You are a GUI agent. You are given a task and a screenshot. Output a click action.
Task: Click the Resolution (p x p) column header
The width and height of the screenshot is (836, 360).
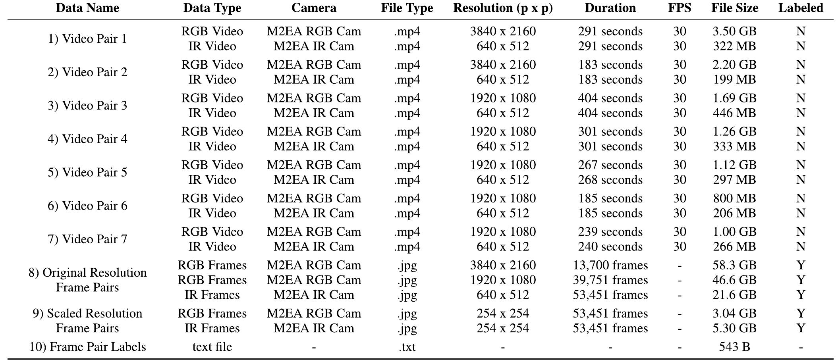[x=503, y=8]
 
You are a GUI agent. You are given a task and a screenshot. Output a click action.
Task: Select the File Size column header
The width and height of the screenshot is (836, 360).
[x=734, y=8]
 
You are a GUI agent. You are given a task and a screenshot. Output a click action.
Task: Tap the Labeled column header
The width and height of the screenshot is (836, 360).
[x=800, y=8]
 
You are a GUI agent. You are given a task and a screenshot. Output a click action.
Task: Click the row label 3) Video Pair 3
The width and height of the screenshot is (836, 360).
[x=87, y=106]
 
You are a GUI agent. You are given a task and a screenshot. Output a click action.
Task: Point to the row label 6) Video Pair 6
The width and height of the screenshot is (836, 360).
[x=87, y=206]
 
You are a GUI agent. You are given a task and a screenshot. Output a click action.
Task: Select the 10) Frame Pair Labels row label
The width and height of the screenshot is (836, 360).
[x=87, y=347]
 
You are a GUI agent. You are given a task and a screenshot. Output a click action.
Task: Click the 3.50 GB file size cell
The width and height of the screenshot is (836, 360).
[x=734, y=31]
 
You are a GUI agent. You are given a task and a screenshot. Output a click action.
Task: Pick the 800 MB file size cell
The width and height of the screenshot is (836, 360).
[x=734, y=198]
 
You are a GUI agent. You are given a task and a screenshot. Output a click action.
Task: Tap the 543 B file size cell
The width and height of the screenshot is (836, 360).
[x=734, y=347]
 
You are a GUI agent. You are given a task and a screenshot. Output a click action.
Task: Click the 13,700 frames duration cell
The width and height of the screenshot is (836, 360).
[x=610, y=265]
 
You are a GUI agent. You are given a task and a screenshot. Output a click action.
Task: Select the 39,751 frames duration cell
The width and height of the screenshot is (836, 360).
[x=610, y=280]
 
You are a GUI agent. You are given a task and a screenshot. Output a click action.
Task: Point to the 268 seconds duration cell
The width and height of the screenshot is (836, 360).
[x=610, y=180]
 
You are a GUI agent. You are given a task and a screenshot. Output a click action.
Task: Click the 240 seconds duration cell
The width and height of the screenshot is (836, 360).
[x=610, y=246]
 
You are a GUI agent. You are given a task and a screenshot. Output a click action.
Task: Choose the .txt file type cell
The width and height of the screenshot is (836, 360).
[x=407, y=347]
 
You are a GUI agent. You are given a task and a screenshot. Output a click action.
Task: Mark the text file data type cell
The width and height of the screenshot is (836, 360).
[x=212, y=347]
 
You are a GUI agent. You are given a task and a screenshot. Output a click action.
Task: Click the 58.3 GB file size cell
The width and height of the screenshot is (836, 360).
[x=734, y=265]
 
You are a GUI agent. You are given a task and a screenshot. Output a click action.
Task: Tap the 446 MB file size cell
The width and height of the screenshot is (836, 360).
[x=734, y=113]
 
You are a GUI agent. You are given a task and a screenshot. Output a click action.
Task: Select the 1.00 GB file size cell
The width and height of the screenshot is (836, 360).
[x=734, y=232]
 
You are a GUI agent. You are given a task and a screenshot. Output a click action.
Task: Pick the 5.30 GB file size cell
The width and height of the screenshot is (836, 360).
[x=734, y=328]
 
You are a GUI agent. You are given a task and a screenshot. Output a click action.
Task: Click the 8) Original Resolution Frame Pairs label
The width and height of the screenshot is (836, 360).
[x=87, y=280]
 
